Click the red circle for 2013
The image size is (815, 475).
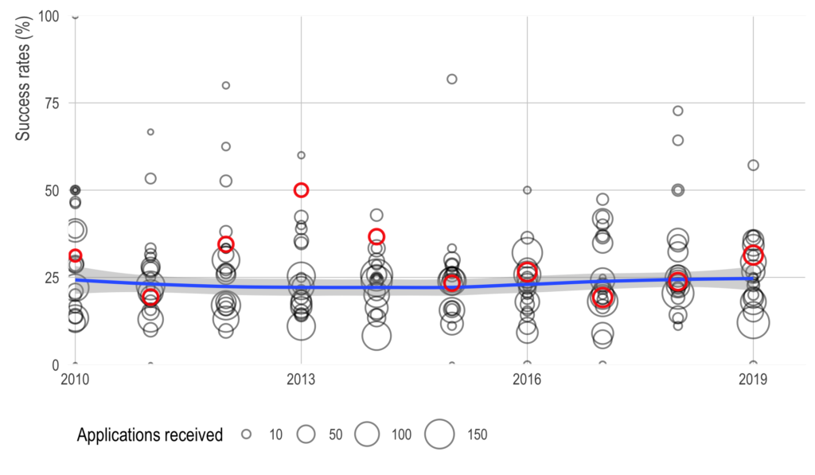tap(301, 189)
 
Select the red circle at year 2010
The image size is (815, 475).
tap(75, 255)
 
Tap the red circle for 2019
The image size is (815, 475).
tap(753, 255)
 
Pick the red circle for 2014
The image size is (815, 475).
tap(376, 236)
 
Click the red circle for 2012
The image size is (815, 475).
tap(226, 243)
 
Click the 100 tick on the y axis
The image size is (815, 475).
tap(48, 16)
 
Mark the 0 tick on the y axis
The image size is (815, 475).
tap(56, 364)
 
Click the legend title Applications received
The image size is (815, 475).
tap(150, 434)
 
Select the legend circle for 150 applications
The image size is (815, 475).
tap(439, 434)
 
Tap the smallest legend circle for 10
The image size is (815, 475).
tap(247, 434)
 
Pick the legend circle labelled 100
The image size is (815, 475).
tap(366, 434)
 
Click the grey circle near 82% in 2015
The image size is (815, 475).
tap(452, 79)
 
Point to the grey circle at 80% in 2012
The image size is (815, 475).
tap(226, 85)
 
